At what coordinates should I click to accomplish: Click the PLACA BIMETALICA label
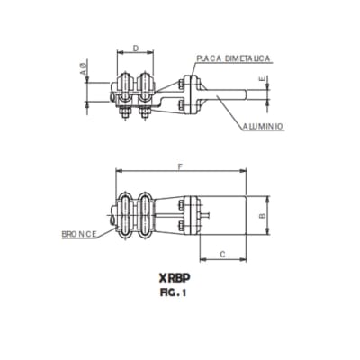pos(234,58)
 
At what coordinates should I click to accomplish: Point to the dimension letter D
pos(136,49)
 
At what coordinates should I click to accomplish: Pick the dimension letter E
pos(262,80)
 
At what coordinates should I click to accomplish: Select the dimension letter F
pos(182,167)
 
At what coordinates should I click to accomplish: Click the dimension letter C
pos(220,256)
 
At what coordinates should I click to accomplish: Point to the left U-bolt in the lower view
pos(127,216)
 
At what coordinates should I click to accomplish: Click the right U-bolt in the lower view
pos(145,216)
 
